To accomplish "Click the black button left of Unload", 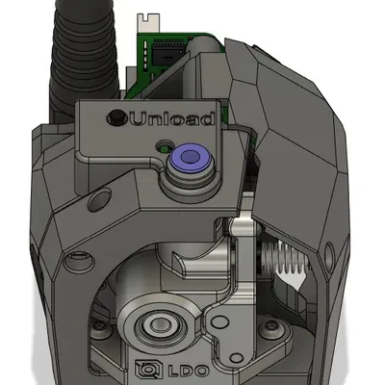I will tap(116, 117).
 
